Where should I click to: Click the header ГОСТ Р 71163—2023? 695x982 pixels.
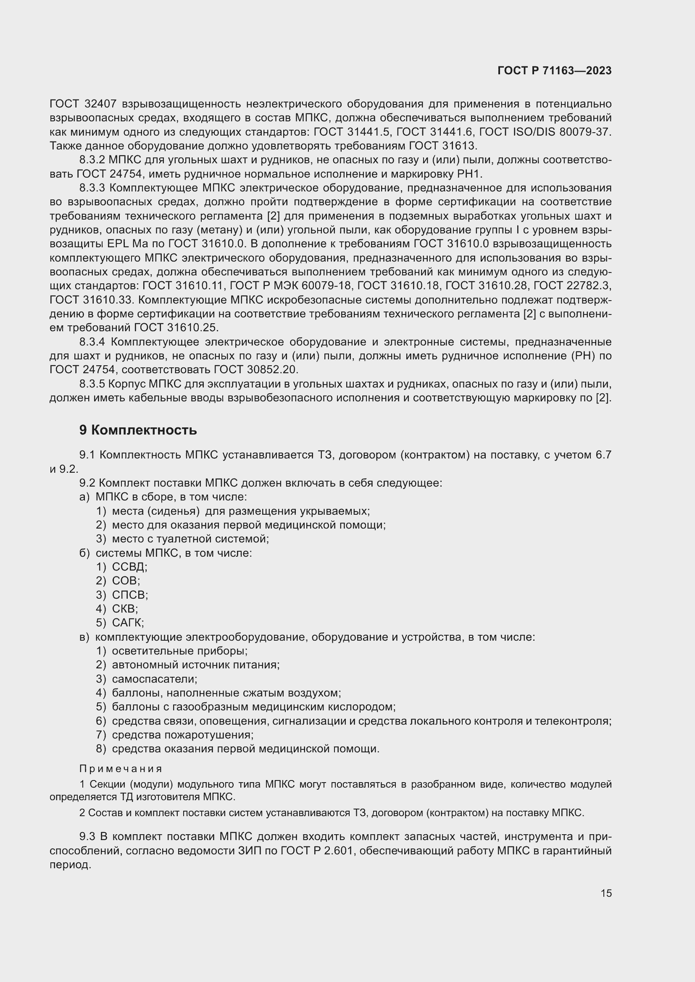point(554,71)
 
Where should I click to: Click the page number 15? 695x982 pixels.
point(606,893)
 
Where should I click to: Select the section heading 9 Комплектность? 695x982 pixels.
point(138,430)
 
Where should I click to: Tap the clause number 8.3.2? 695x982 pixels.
point(92,160)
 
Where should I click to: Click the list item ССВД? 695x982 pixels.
point(129,567)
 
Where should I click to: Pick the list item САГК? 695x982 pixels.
point(128,623)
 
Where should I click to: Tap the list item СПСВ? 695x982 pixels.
point(130,595)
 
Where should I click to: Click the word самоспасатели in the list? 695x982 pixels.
point(154,679)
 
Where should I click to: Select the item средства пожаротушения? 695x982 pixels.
point(182,735)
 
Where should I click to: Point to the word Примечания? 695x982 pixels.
point(121,769)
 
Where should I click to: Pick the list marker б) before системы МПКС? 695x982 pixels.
point(84,553)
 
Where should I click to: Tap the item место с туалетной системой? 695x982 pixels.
point(190,539)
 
